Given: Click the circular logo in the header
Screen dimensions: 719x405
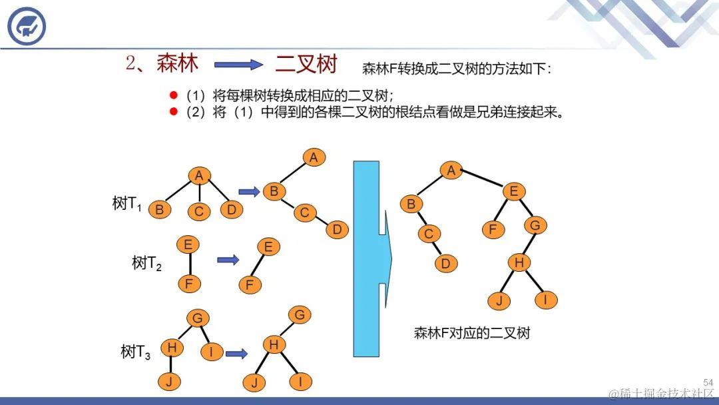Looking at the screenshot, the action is (27, 26).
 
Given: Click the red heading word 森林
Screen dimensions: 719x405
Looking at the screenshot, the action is (177, 63).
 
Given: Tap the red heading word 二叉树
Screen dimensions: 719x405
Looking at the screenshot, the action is (306, 64).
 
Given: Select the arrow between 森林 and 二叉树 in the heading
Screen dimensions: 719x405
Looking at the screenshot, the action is (239, 65).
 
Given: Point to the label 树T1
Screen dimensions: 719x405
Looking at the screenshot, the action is (127, 204).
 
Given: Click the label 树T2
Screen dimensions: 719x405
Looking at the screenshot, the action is (146, 264).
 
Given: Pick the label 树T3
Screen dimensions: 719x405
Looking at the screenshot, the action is (135, 352).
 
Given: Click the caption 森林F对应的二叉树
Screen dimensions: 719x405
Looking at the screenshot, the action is (471, 333).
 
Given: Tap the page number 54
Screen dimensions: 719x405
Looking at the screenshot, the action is (708, 382).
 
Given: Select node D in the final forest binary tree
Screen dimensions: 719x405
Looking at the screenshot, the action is (445, 263).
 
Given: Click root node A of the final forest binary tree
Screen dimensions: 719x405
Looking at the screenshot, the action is (451, 171).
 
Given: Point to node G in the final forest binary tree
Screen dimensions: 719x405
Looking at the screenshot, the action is (535, 225).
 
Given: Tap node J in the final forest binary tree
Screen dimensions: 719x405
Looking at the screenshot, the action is (499, 300).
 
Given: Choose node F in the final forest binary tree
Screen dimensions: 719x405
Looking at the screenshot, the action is (493, 230).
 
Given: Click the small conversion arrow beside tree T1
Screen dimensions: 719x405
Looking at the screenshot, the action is (249, 192).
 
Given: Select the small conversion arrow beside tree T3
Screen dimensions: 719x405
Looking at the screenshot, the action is (236, 353).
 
